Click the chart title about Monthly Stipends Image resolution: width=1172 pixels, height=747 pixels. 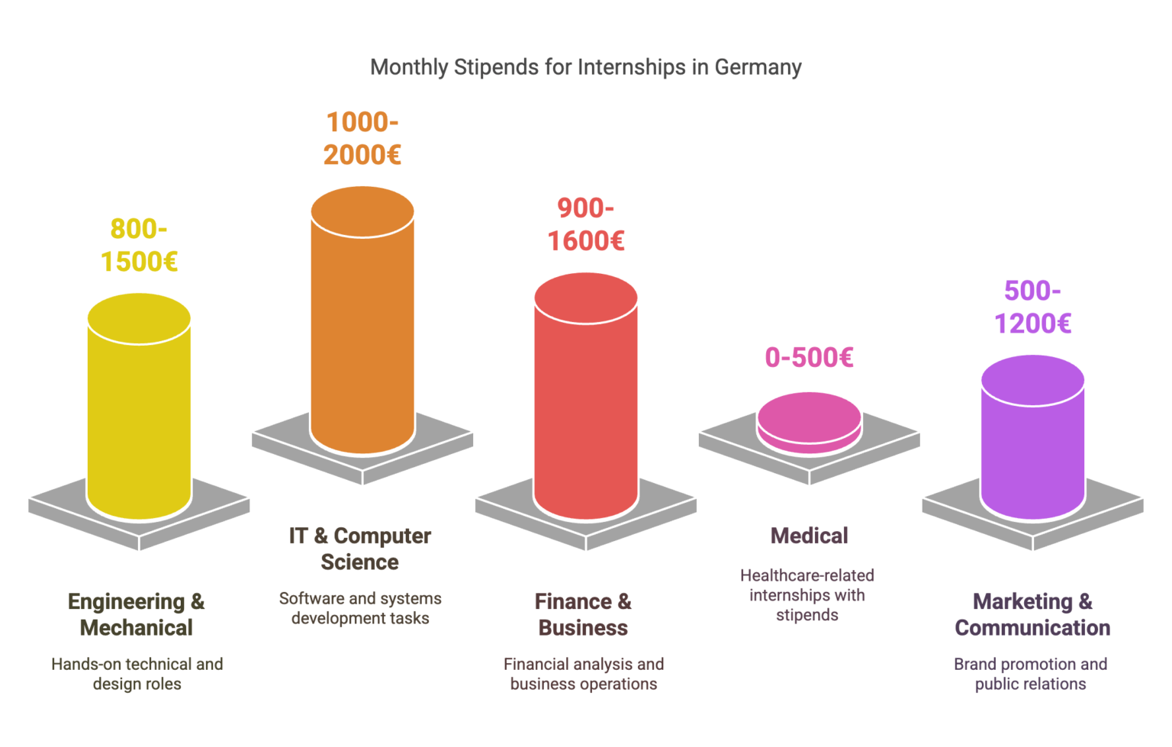(x=585, y=67)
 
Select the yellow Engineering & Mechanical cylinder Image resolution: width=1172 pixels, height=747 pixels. (x=139, y=412)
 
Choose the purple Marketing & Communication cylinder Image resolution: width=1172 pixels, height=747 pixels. (x=1032, y=443)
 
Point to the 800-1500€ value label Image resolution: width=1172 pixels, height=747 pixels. (x=139, y=245)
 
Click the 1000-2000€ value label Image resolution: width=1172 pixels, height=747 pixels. (x=362, y=138)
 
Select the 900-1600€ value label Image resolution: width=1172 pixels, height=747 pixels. (x=586, y=224)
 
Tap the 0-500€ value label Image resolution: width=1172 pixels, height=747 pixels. (x=809, y=357)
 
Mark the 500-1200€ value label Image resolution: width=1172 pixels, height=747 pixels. (x=1032, y=307)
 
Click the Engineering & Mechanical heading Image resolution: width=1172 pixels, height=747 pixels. (x=137, y=614)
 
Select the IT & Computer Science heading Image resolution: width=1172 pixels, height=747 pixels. (x=360, y=549)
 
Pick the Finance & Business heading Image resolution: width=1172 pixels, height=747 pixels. (x=584, y=614)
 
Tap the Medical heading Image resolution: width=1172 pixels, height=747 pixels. (x=809, y=536)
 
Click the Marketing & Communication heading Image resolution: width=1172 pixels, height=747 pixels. (x=1032, y=614)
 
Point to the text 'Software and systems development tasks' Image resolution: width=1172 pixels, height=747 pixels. (x=360, y=608)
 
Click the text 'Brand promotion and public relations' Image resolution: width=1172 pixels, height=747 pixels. (x=1030, y=674)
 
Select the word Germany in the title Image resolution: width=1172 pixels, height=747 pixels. (x=758, y=67)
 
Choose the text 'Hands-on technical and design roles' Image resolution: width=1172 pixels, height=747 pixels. (x=137, y=674)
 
